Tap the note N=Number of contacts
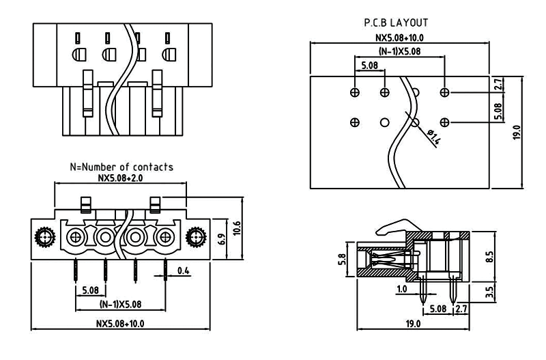(121, 167)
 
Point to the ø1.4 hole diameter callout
(433, 137)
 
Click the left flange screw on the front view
(44, 238)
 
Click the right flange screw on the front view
(197, 238)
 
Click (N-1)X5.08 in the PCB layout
(399, 52)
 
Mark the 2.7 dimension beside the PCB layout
(498, 85)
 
